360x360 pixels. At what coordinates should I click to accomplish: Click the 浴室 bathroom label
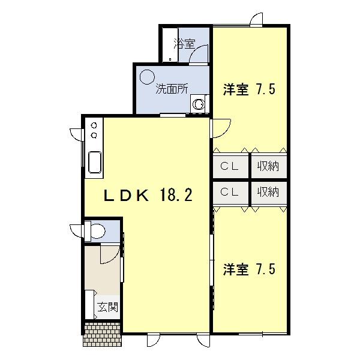point(184,43)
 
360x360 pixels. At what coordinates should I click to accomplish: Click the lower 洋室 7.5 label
point(249,268)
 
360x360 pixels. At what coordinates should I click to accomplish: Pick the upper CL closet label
point(229,166)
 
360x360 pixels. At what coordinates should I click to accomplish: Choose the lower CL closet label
point(229,192)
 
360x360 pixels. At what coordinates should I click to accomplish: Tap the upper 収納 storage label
point(268,166)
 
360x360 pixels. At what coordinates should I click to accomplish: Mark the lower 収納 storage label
point(268,192)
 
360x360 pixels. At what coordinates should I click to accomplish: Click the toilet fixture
point(96,230)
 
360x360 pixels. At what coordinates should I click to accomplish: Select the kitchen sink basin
point(95,162)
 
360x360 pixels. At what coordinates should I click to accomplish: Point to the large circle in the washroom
point(147,77)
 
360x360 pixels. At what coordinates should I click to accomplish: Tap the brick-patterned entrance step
point(103,332)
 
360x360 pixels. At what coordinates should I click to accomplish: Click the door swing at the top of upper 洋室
point(257,19)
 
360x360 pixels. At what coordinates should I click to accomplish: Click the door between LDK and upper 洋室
point(221,127)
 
